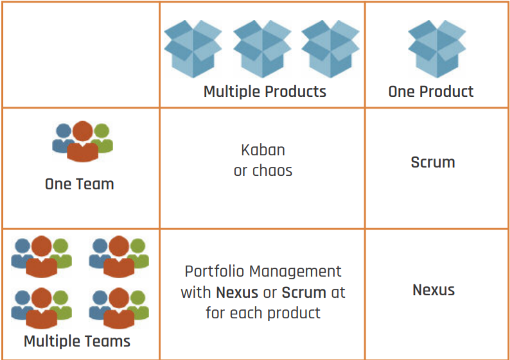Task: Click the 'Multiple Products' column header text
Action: pyautogui.click(x=265, y=92)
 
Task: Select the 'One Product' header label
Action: pyautogui.click(x=430, y=92)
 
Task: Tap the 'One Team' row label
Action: pyautogui.click(x=79, y=184)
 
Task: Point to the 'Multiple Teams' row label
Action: pyautogui.click(x=77, y=341)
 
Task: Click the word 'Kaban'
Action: pyautogui.click(x=263, y=150)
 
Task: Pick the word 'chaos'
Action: pyautogui.click(x=272, y=171)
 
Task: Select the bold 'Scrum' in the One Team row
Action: pyautogui.click(x=433, y=162)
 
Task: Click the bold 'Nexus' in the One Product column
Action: pyautogui.click(x=434, y=290)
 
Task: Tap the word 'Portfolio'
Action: pyautogui.click(x=213, y=271)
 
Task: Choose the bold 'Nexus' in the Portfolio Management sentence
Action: pyautogui.click(x=237, y=293)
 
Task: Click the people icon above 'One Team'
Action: pyautogui.click(x=82, y=141)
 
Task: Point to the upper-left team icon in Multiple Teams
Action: pyautogui.click(x=42, y=255)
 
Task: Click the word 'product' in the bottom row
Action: pyautogui.click(x=295, y=314)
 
